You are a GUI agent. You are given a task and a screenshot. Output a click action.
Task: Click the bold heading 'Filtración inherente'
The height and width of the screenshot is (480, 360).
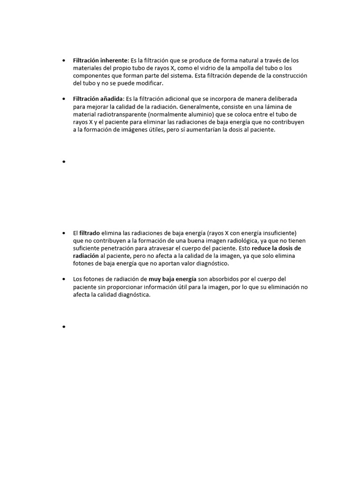pyautogui.click(x=100, y=60)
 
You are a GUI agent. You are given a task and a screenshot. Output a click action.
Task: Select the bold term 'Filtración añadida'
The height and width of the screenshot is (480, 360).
pyautogui.click(x=98, y=99)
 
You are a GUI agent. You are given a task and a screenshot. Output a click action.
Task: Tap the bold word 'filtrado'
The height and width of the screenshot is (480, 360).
pyautogui.click(x=90, y=233)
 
